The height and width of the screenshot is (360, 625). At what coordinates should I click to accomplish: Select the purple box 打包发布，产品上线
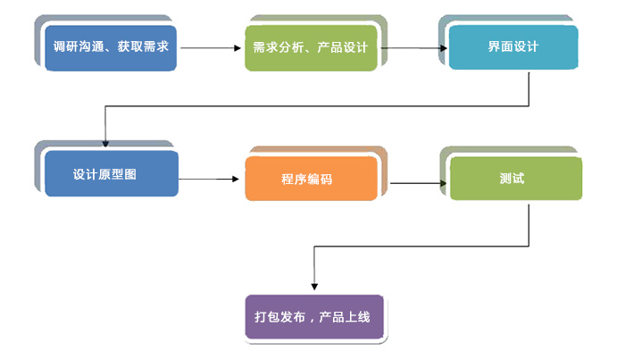point(316,316)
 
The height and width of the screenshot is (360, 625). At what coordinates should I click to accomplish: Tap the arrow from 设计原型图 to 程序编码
point(211,179)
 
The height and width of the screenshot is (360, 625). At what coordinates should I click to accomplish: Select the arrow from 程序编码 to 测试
point(418,184)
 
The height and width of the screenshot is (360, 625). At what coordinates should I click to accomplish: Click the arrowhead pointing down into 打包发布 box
point(313,285)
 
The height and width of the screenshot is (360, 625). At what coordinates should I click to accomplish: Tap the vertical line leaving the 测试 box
point(531,223)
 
